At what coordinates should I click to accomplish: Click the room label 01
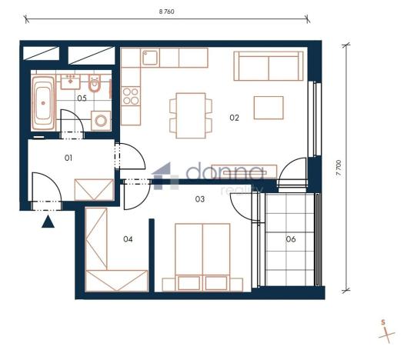[x=68, y=158]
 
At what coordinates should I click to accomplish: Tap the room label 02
[x=235, y=118]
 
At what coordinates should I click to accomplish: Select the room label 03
[x=199, y=199]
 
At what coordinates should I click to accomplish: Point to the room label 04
[x=128, y=239]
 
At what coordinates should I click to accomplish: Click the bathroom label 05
[x=81, y=98]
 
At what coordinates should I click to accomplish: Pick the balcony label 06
[x=291, y=239]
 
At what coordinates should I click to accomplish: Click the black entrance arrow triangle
[x=48, y=222]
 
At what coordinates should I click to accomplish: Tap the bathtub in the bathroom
[x=43, y=102]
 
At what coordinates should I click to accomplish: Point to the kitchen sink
[x=150, y=58]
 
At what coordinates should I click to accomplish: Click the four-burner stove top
[x=130, y=97]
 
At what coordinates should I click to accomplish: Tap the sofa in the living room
[x=268, y=67]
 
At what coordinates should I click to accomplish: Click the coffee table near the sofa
[x=269, y=108]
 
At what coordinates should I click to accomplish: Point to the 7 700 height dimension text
[x=338, y=168]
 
